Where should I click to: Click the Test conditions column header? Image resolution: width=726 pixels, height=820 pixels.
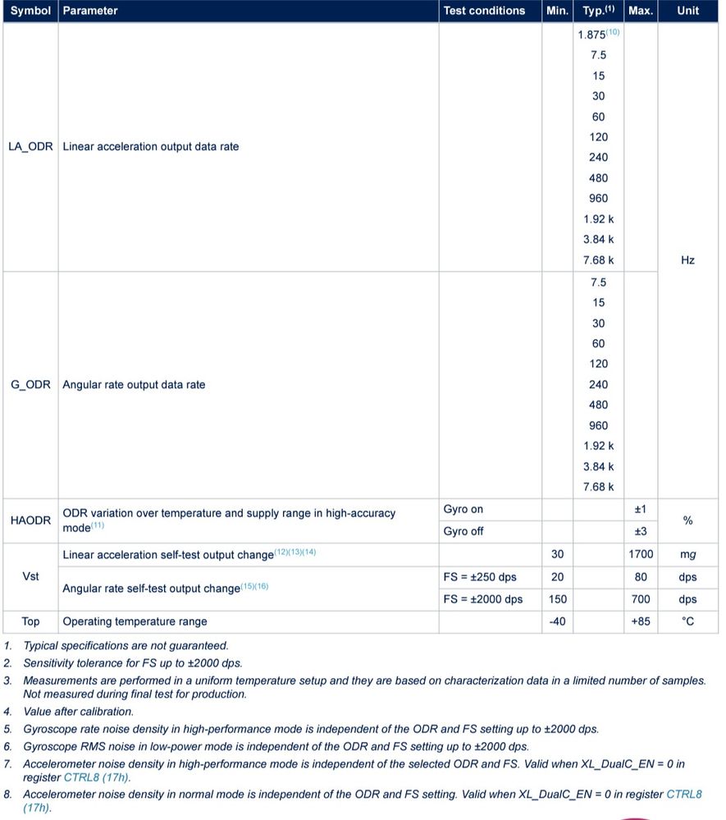tap(484, 11)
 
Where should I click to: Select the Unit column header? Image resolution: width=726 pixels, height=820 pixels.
tap(687, 11)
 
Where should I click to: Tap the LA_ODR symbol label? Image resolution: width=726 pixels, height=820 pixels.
tap(30, 147)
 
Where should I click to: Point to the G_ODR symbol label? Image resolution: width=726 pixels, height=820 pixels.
tap(30, 385)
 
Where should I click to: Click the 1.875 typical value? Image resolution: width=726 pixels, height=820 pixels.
tap(591, 34)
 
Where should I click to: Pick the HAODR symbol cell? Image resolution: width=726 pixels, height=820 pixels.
tap(30, 520)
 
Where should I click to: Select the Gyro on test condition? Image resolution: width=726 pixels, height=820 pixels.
tap(463, 510)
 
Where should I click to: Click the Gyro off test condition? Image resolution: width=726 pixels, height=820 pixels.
tap(463, 531)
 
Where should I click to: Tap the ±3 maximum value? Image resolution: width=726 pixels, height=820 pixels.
tap(641, 531)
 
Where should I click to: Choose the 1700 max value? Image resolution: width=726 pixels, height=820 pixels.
tap(641, 555)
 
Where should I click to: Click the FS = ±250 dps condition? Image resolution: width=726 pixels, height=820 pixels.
tap(482, 577)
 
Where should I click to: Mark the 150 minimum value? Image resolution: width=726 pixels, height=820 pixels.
tap(557, 599)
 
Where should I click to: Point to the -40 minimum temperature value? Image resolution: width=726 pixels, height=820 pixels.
tap(557, 621)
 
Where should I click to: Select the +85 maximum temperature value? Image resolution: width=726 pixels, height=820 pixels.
tap(641, 621)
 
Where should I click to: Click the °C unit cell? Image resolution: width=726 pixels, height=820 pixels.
tap(687, 621)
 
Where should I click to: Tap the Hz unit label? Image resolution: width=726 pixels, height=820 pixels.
tap(687, 260)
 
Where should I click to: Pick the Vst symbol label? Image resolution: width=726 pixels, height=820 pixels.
tap(30, 577)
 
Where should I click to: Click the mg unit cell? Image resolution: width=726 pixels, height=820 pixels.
tap(687, 555)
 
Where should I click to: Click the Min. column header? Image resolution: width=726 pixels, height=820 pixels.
tap(557, 11)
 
